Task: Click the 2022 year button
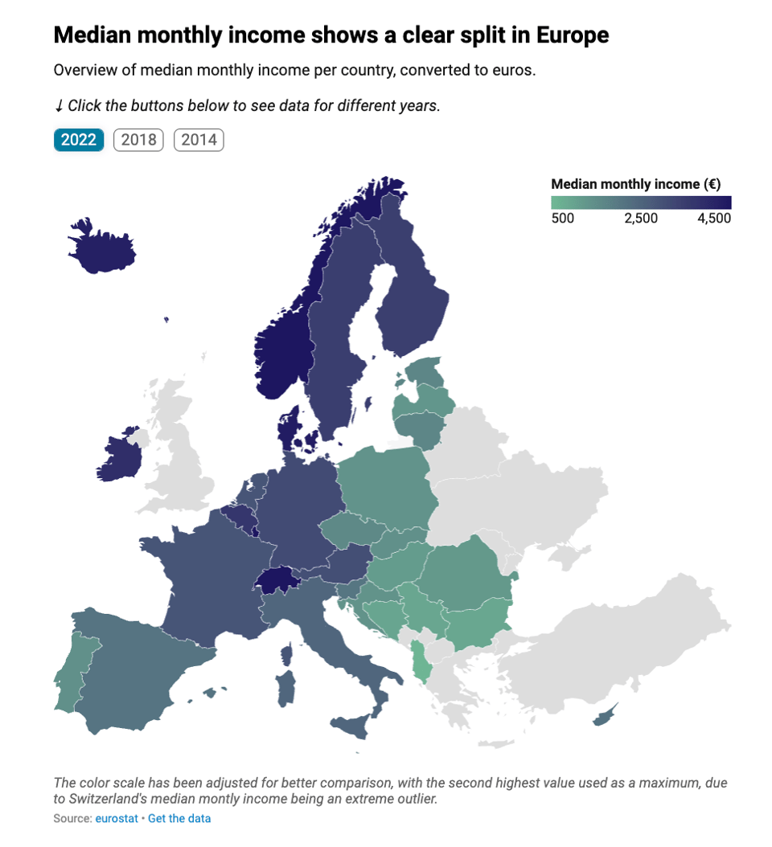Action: point(79,140)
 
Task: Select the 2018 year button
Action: point(138,140)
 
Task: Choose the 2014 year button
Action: point(199,140)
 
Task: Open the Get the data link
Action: point(179,818)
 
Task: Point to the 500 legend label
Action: point(562,219)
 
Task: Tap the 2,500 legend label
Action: point(641,219)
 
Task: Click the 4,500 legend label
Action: point(713,219)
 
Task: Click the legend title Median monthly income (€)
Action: point(635,184)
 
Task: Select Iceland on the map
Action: point(103,246)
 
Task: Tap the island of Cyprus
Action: point(606,715)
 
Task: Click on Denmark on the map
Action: point(290,431)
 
